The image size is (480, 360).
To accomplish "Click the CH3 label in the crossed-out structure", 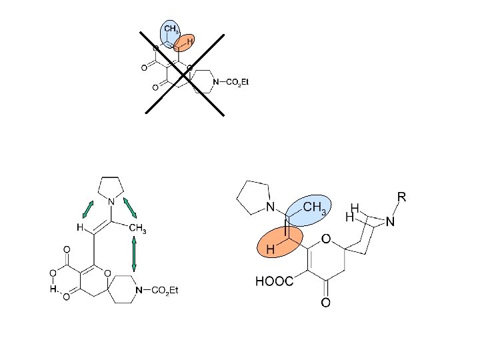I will [171, 29].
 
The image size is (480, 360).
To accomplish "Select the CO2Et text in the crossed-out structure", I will [237, 83].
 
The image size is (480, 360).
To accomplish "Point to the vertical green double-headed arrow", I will [134, 254].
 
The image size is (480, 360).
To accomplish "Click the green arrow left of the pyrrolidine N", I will [87, 209].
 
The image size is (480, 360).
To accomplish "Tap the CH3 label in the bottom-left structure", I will [137, 231].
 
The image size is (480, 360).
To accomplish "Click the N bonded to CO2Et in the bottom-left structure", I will [139, 291].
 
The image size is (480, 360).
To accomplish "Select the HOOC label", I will [274, 282].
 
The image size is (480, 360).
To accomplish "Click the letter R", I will [401, 197].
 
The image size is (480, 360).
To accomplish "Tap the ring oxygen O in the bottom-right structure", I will [327, 239].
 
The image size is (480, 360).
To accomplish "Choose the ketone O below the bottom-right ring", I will [326, 303].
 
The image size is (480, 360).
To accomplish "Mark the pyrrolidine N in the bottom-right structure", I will [271, 207].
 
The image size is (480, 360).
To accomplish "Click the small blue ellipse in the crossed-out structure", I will [170, 33].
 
